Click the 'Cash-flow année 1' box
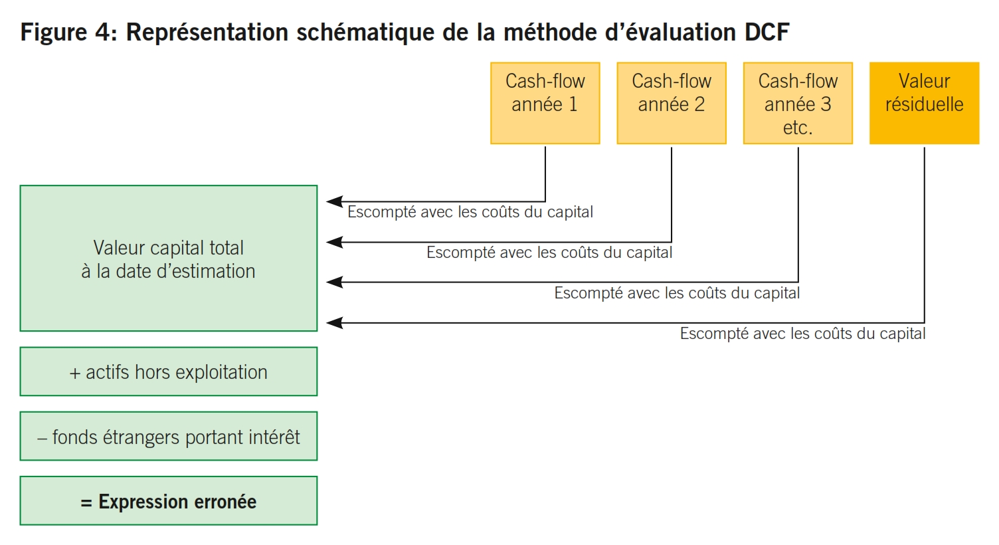point(545,103)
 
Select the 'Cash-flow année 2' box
point(672,103)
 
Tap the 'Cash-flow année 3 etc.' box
point(798,103)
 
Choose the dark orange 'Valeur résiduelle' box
point(925,103)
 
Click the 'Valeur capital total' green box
point(169,259)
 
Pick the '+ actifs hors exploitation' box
point(169,372)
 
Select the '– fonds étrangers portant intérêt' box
point(169,436)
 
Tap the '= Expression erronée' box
point(169,501)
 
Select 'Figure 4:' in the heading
point(68,32)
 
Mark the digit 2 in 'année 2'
point(699,104)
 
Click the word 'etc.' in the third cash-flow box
point(798,128)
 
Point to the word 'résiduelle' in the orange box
point(925,104)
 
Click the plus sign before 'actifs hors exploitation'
point(75,374)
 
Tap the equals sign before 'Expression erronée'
point(86,503)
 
